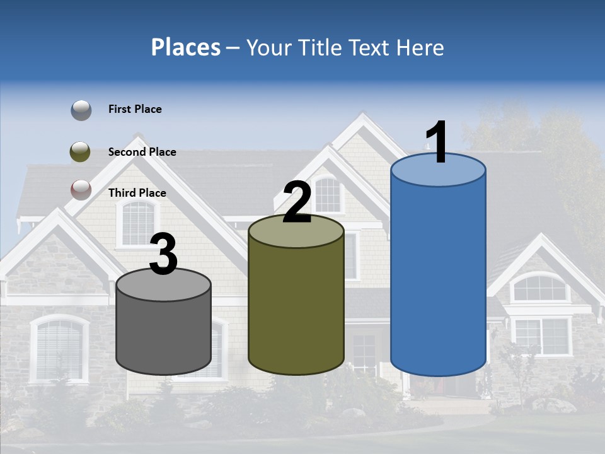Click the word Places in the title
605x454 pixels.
tap(186, 47)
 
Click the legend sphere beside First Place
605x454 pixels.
tap(81, 110)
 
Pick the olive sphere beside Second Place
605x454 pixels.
tap(81, 152)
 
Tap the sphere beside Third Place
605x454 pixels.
tap(81, 190)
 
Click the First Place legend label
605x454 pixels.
tap(135, 109)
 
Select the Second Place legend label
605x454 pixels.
tap(142, 152)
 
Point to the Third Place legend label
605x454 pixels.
tap(137, 193)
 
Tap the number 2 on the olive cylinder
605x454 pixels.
tap(297, 202)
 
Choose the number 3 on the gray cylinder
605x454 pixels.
tap(164, 255)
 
